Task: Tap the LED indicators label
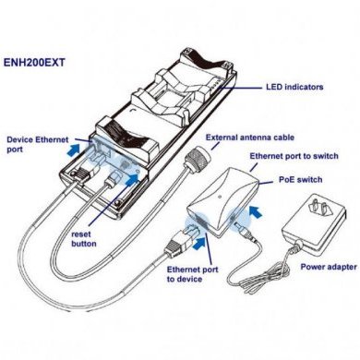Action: [294, 88]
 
